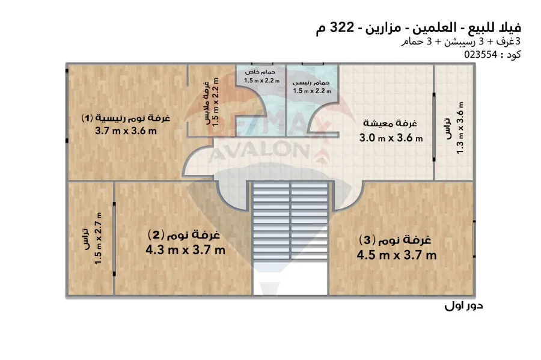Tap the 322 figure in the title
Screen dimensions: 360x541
click(343, 27)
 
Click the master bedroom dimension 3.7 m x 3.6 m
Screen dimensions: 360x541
click(126, 132)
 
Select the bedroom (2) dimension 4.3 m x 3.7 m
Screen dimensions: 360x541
click(185, 250)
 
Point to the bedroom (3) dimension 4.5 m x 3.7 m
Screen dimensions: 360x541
click(396, 255)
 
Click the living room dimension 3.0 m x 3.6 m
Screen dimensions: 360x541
click(391, 138)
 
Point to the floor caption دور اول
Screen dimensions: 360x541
click(464, 306)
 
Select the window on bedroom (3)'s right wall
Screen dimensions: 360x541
click(474, 240)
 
